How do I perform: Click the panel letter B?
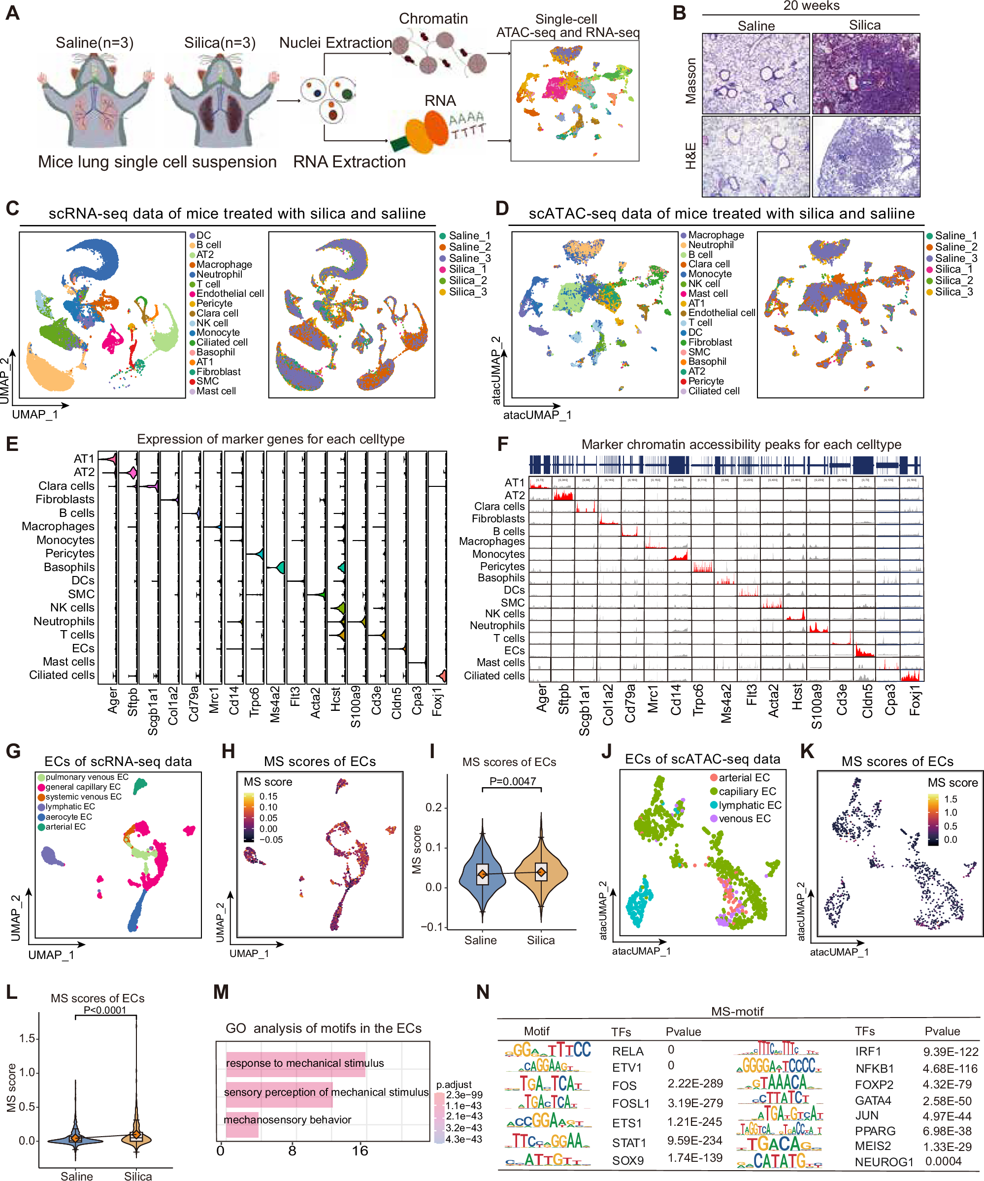point(680,13)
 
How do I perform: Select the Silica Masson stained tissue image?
point(865,73)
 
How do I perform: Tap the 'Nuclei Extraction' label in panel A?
point(335,43)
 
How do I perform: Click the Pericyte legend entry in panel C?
point(214,303)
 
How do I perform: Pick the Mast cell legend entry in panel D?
point(708,293)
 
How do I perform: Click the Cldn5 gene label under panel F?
point(867,701)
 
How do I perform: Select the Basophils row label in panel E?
point(69,567)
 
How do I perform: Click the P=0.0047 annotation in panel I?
point(513,781)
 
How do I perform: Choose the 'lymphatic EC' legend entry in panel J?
point(750,805)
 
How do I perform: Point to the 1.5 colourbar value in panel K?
point(950,799)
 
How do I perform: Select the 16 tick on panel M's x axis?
point(360,1150)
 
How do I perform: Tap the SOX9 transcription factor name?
point(628,1160)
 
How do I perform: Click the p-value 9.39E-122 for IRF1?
point(950,1052)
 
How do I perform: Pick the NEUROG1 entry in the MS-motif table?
point(884,1162)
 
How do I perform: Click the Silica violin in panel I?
point(541,872)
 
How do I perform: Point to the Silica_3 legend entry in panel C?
point(467,292)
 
